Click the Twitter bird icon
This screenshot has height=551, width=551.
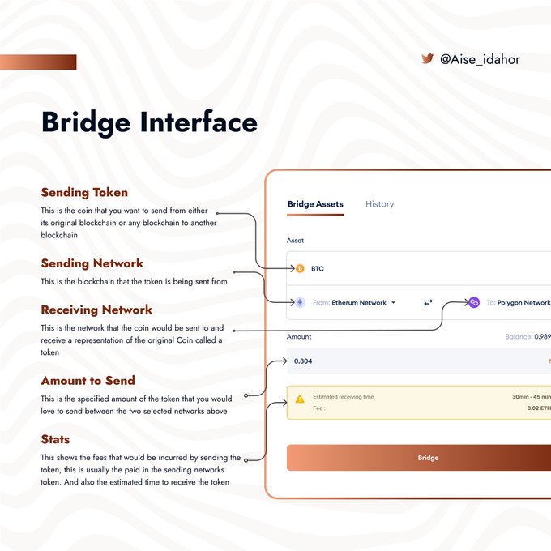427,59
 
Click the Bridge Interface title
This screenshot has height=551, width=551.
149,123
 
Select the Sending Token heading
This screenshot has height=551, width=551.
84,193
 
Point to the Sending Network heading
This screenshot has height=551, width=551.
92,263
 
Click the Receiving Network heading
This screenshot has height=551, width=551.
96,310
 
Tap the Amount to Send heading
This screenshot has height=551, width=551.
88,380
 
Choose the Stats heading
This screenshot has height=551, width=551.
55,439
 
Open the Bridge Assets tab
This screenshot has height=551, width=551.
315,204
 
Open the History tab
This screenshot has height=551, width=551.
379,204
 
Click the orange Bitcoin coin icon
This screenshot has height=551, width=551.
299,268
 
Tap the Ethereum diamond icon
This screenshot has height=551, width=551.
299,302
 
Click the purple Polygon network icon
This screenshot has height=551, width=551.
474,302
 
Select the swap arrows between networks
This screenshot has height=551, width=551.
428,302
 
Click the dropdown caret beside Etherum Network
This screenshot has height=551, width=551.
393,303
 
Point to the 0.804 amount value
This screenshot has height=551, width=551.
303,361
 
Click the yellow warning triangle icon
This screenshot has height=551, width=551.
300,399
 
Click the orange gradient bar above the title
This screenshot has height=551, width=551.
38,62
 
